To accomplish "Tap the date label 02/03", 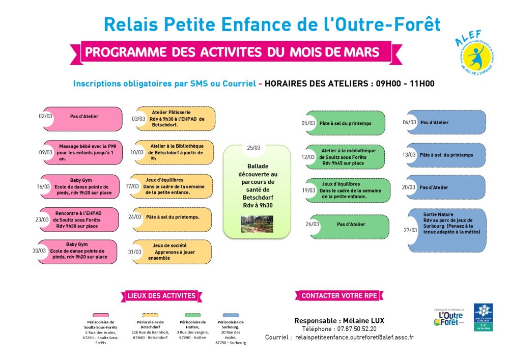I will pyautogui.click(x=45, y=116).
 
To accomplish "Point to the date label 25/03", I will pyautogui.click(x=253, y=148).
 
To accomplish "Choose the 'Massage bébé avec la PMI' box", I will pyautogui.click(x=83, y=152).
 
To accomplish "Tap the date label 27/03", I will pyautogui.click(x=410, y=230).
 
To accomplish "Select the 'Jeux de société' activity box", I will pyautogui.click(x=173, y=252).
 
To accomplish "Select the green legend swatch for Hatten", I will pyautogui.click(x=193, y=315).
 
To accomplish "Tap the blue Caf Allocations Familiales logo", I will pyautogui.click(x=483, y=317).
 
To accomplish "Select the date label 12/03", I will pyautogui.click(x=308, y=157).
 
